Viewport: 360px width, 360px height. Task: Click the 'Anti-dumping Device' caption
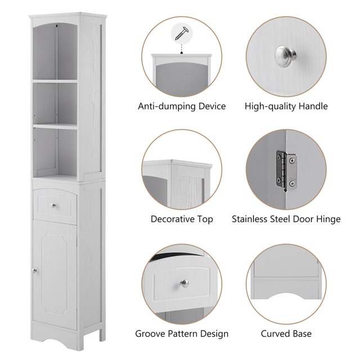tap(182, 106)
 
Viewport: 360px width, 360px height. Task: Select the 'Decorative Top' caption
tap(182, 219)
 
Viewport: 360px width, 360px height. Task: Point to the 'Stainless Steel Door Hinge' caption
tap(286, 219)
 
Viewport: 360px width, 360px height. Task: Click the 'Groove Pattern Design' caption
tap(182, 334)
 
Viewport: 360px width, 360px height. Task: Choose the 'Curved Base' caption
tap(286, 334)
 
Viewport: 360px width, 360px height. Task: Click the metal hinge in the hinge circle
tap(283, 169)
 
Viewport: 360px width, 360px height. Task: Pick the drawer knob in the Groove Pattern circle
tap(183, 283)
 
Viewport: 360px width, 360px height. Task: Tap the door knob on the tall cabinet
tap(35, 272)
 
